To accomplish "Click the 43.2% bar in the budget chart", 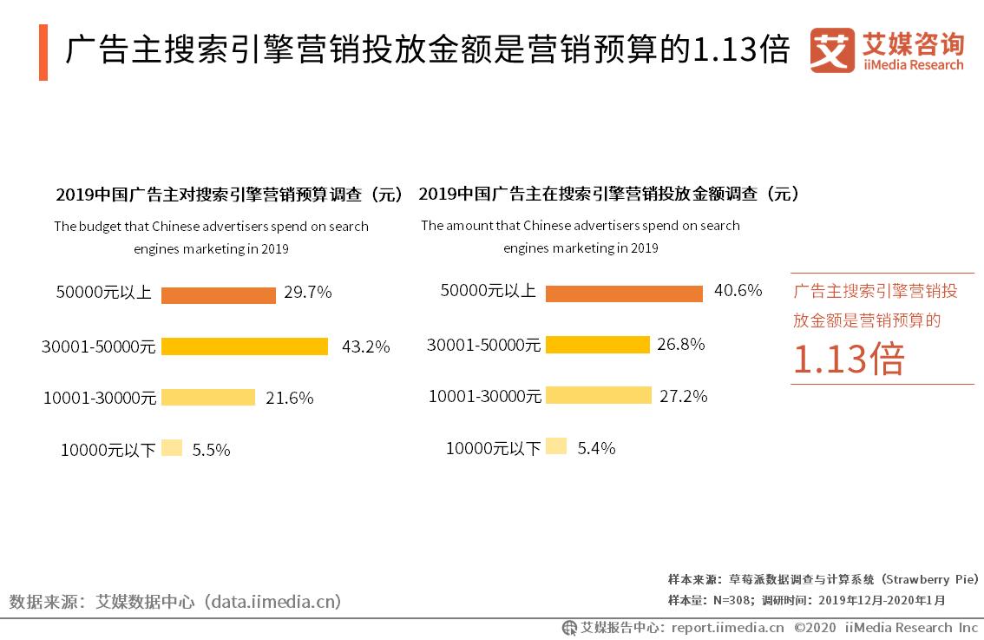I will point(245,346).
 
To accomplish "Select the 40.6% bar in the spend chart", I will point(624,293).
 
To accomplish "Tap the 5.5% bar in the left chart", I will point(172,449).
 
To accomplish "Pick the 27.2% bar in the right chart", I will point(599,395).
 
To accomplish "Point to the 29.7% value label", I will point(307,293).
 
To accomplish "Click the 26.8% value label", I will point(680,344).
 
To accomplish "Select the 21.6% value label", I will point(289,398).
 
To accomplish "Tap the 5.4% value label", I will point(596,448).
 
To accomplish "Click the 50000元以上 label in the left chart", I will point(104,293).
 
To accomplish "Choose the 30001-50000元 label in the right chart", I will point(483,345).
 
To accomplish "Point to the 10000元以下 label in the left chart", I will point(108,450).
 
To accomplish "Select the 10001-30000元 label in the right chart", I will point(484,397).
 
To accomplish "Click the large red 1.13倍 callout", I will point(848,359).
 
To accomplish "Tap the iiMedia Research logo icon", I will point(831,51).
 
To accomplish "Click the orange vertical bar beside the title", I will point(43,52).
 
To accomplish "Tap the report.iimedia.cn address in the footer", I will point(727,627).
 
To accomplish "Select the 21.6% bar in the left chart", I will point(208,398).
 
